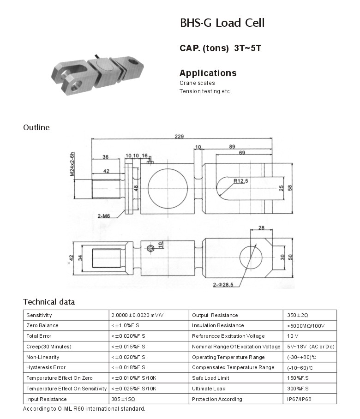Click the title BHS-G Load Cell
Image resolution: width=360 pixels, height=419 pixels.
coord(222,23)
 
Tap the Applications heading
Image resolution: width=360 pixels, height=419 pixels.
coord(208,73)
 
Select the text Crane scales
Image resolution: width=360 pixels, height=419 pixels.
coord(197,83)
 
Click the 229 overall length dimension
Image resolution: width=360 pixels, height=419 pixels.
coord(179,136)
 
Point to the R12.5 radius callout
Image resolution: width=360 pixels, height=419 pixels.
coord(241,181)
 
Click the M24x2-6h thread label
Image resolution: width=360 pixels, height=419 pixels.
coord(72,164)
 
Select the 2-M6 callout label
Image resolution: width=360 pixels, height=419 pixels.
coord(104,216)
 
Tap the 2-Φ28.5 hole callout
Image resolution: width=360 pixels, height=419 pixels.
coord(223,285)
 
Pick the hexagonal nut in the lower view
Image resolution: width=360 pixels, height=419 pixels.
coord(150,249)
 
